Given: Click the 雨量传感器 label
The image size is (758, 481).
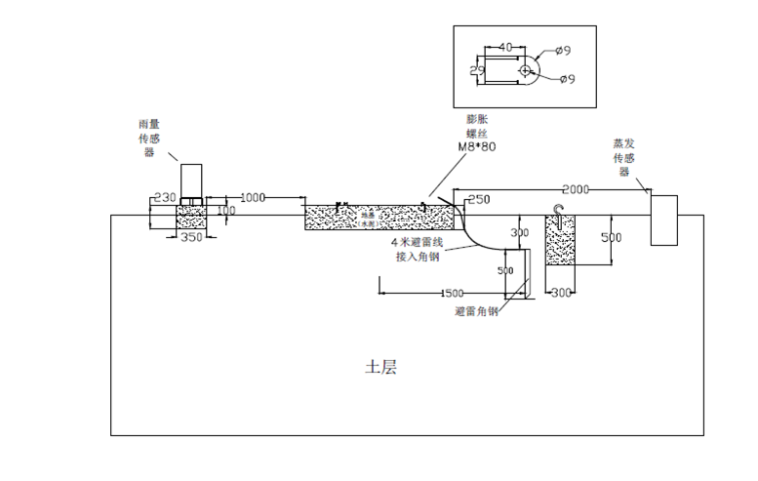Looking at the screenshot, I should pos(150,139).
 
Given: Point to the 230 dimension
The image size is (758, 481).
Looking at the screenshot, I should pos(166,197).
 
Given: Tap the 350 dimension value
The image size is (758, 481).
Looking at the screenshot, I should pos(191,238).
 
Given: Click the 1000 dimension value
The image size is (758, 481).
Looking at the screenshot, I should pos(252,197).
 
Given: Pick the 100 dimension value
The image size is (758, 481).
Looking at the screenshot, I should pos(225,210).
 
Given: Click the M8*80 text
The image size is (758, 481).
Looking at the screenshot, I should pos(477,146).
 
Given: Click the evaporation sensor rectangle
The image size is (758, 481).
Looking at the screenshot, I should pos(663,220).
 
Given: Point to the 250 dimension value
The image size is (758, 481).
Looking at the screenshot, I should pos(478,200).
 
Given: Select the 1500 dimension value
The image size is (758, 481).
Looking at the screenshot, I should pos(452,293).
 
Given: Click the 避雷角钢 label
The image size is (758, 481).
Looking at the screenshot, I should pos(476,311).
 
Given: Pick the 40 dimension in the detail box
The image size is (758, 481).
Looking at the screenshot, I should pos(505,47).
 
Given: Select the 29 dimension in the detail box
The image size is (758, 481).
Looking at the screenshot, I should pos(477,71).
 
